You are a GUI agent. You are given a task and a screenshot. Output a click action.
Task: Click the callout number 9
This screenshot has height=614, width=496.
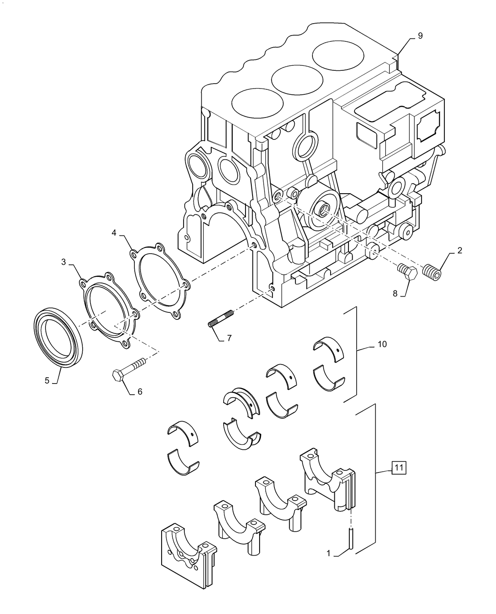tap(420, 36)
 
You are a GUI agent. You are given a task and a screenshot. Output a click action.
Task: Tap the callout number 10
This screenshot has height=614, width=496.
tap(382, 344)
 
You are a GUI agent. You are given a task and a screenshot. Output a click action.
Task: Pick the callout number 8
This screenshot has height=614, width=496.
tap(395, 293)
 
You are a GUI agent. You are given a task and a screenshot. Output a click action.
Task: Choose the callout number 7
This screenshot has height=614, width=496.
tap(229, 338)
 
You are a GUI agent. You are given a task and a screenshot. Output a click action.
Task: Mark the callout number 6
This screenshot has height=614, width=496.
tap(140, 391)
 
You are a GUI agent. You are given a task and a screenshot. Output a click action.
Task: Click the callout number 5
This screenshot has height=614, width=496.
tap(47, 380)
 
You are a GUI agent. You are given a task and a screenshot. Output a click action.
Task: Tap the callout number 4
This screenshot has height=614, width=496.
tap(114, 233)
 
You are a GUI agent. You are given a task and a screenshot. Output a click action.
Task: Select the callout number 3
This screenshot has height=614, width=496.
tap(63, 261)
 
